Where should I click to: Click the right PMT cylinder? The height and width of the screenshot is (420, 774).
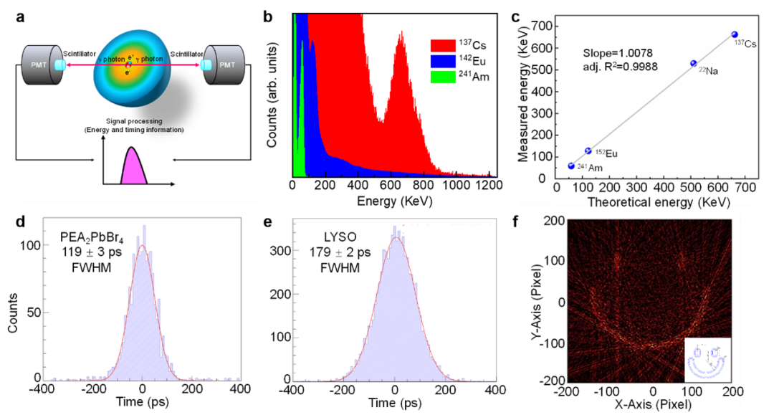224,65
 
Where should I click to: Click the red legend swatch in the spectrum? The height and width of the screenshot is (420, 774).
443,46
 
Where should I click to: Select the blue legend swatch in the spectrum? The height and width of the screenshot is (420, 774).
443,62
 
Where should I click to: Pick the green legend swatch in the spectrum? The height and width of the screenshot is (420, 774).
443,77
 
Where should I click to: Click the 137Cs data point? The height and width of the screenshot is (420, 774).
734,34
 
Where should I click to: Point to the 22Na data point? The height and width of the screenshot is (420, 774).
693,64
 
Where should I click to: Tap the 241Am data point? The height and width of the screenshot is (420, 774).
571,166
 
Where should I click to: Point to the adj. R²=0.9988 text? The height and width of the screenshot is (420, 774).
621,67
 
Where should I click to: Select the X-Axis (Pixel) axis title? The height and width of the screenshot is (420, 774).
652,406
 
